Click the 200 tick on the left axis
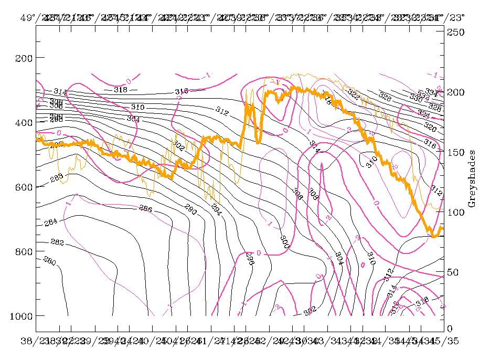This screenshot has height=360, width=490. click(x=23, y=58)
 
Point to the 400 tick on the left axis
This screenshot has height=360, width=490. click(x=23, y=122)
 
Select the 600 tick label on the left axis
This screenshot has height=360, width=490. click(x=23, y=187)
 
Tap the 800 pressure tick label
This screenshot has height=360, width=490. click(x=23, y=251)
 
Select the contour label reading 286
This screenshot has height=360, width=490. click(x=145, y=209)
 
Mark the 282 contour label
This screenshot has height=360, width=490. click(x=57, y=242)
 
